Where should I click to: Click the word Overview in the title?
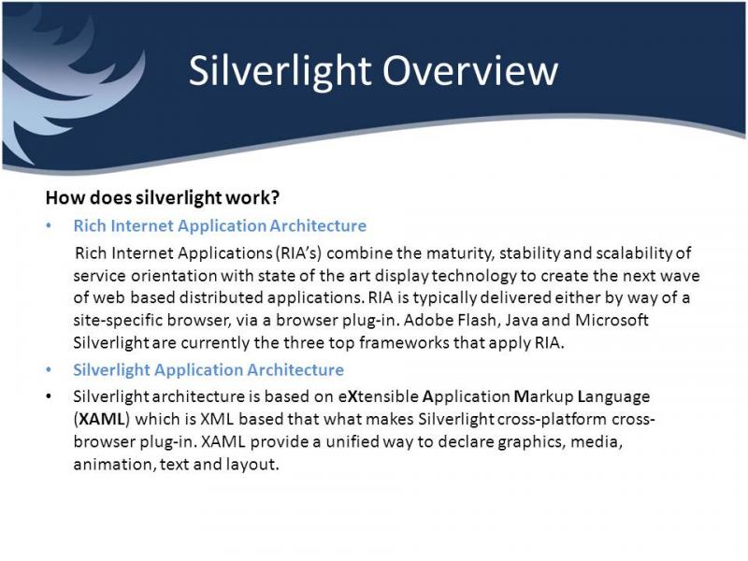(470, 71)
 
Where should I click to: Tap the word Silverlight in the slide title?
(280, 72)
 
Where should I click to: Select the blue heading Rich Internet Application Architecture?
(220, 225)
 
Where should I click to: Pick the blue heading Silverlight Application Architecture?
(209, 369)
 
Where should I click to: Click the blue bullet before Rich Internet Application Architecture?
(49, 225)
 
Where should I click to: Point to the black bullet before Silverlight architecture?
(49, 396)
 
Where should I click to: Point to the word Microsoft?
(612, 320)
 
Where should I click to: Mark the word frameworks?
(404, 342)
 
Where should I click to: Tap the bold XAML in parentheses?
(101, 419)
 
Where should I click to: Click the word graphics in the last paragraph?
(531, 442)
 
